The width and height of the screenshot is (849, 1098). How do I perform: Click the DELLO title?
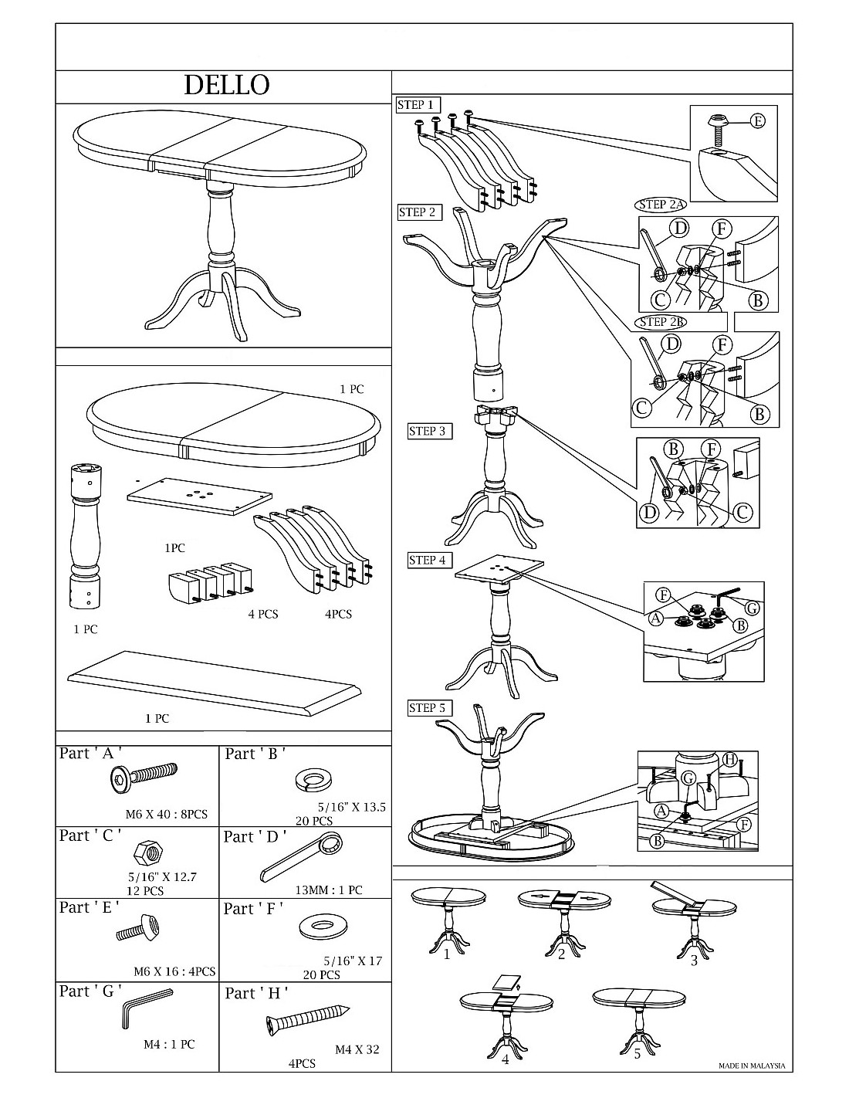[226, 86]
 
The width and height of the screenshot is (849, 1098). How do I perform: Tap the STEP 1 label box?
[419, 105]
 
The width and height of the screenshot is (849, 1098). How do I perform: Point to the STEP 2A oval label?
[662, 205]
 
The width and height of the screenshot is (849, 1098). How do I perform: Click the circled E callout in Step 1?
[758, 121]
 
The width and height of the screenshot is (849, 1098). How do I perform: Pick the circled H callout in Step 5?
[730, 759]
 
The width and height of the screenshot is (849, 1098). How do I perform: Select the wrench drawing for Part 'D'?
[302, 856]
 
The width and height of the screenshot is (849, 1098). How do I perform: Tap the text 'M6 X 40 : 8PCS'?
[166, 814]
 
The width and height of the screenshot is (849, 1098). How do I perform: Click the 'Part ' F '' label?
[255, 909]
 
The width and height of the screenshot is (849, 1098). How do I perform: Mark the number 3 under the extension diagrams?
[694, 961]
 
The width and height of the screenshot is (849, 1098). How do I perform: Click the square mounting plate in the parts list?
[198, 495]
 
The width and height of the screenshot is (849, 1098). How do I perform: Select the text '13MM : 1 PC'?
[329, 890]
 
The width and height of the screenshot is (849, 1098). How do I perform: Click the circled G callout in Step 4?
[753, 608]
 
